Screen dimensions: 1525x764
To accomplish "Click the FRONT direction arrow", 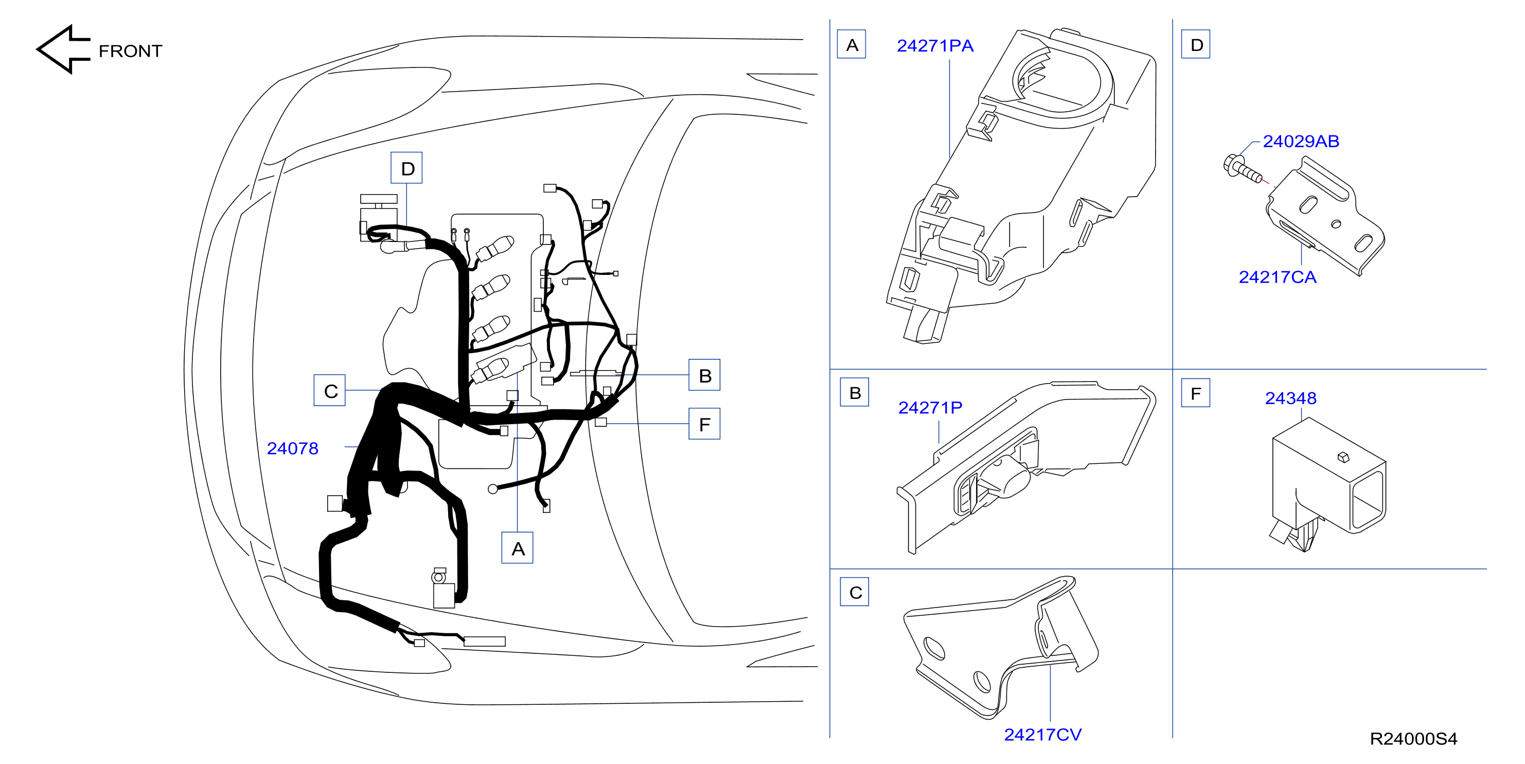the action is coord(62,50).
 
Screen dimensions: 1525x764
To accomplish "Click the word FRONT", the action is coord(130,51).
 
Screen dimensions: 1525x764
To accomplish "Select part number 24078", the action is coord(292,448).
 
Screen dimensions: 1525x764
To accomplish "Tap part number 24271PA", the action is coord(935,46).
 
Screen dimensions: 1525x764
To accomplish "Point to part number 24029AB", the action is coord(1301,141).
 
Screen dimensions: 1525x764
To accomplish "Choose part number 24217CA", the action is coord(1278,276).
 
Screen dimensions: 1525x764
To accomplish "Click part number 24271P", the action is coord(930,407).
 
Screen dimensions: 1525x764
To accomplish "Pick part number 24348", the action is coord(1290,398).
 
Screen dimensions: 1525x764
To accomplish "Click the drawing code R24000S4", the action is coord(1413,739).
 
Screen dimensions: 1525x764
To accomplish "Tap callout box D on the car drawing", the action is coord(406,168).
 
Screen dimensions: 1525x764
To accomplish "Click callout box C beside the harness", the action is coord(330,390).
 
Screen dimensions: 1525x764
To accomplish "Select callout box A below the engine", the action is coord(518,548).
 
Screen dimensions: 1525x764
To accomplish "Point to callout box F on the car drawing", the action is coord(704,424).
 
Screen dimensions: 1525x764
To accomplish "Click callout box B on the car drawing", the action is coord(704,375).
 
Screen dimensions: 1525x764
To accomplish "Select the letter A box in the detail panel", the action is coord(852,44).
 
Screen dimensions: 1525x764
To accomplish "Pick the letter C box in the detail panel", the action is coord(855,592).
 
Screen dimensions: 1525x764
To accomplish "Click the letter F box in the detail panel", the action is coord(1196,393).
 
